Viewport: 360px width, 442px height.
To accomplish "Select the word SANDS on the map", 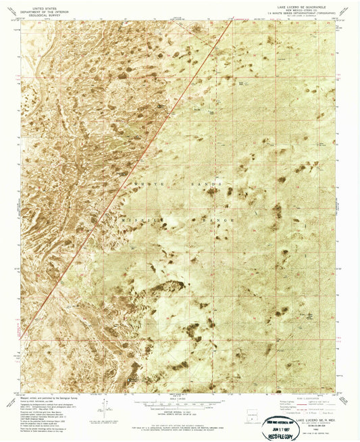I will [209, 185].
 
